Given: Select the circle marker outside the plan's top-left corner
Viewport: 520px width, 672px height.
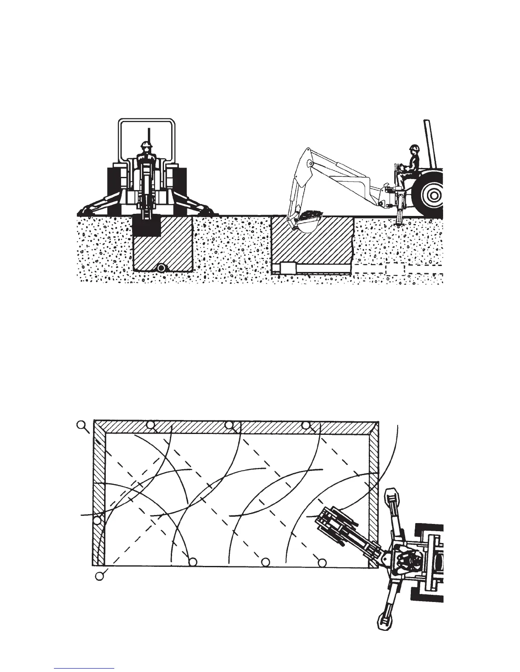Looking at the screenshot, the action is [x=81, y=424].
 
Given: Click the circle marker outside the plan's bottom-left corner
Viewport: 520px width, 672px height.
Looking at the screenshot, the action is [x=99, y=576].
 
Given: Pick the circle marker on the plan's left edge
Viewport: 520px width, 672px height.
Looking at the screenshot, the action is [x=97, y=520].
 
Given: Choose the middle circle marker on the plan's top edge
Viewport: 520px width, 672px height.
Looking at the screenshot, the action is [x=229, y=425].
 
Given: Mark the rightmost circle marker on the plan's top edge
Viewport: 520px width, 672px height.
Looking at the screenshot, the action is [x=306, y=425].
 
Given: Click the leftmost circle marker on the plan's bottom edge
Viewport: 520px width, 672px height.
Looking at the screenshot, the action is [x=193, y=562].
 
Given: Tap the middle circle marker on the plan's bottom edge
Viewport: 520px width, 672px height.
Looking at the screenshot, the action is [x=266, y=562].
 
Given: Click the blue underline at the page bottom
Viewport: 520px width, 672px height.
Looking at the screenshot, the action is [x=84, y=669].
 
